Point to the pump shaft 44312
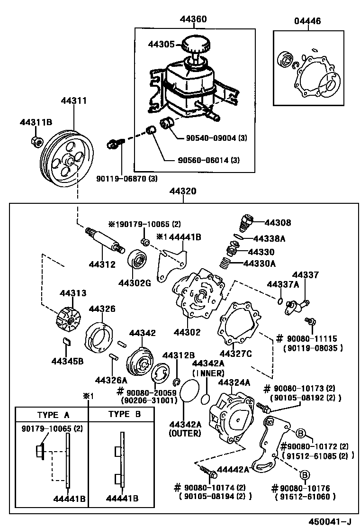point(104,240)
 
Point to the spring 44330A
point(227,263)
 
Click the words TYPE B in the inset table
point(125,414)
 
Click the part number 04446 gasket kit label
point(307,21)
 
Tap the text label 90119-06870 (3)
point(126,178)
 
